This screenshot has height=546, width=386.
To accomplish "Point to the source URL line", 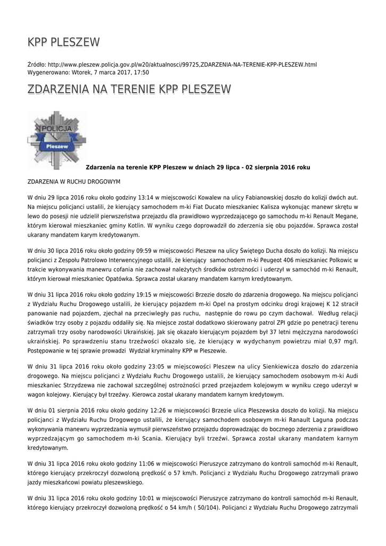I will coord(171,65).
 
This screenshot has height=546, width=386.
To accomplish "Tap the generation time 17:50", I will coord(141,72).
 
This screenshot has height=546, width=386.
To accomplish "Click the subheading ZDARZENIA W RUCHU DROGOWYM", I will coord(74,182).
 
